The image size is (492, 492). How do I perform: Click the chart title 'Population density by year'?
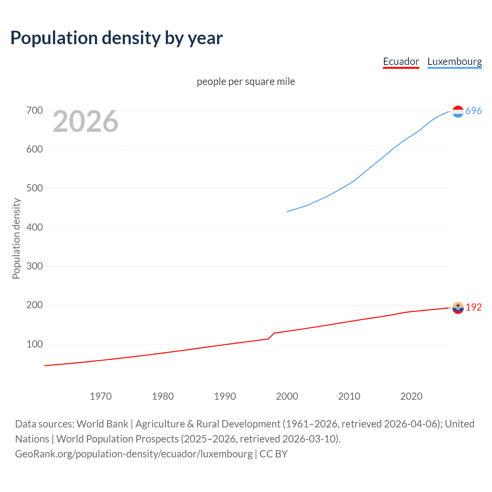[x=116, y=38]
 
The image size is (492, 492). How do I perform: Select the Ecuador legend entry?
[x=401, y=61]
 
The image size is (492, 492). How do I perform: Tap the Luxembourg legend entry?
[x=454, y=61]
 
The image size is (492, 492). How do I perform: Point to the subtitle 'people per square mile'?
[x=246, y=81]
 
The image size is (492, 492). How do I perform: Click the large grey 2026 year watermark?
[x=85, y=121]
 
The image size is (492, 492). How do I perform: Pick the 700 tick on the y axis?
[x=34, y=111]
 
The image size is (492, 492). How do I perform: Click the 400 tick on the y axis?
[x=34, y=227]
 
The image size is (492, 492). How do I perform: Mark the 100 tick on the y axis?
[x=34, y=344]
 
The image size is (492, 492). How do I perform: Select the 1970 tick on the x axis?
[x=101, y=396]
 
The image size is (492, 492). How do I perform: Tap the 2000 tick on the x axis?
[x=287, y=396]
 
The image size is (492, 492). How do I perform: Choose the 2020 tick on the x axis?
[x=411, y=396]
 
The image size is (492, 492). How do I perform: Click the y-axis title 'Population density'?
[x=16, y=238]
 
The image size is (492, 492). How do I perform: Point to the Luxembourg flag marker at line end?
[x=458, y=111]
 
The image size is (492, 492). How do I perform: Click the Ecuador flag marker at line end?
[x=458, y=307]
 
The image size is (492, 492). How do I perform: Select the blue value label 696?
[x=474, y=111]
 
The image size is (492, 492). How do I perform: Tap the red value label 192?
[x=474, y=307]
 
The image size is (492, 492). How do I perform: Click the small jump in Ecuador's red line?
[x=271, y=336]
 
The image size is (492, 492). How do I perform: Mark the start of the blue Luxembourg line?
[x=288, y=211]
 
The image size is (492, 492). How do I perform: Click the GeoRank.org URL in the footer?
[x=134, y=454]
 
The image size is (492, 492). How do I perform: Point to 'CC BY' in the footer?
[x=273, y=454]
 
